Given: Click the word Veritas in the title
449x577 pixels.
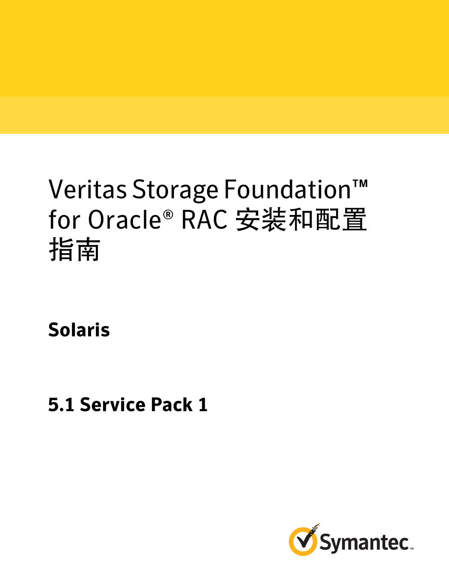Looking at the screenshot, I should click(87, 189).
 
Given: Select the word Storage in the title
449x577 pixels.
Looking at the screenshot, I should click(175, 189).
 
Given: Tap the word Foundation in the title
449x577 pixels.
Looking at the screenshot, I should click(287, 189).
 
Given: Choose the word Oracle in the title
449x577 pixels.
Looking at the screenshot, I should click(124, 220).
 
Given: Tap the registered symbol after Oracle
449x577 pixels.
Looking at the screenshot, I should click(168, 215).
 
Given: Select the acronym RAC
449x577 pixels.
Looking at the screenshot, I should click(204, 220).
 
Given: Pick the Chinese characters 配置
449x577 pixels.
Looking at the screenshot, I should click(340, 220).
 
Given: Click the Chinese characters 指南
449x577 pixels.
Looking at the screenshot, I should click(74, 250).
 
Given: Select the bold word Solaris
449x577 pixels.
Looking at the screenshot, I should click(79, 330).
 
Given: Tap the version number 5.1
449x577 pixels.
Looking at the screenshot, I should click(61, 405).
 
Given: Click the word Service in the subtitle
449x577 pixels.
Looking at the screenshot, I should click(112, 405).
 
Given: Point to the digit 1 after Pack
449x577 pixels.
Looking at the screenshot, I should click(203, 405).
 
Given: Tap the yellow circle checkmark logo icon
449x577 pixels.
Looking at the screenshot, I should click(303, 541).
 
